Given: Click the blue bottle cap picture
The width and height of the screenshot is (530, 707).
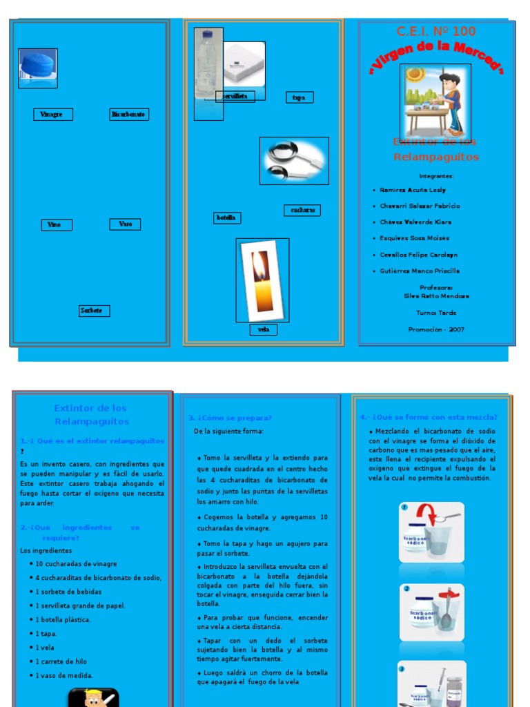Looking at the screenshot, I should (38, 68).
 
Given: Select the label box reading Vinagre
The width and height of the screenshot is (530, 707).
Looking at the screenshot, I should (53, 115).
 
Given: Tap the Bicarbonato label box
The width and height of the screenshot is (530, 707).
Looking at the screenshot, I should (129, 115).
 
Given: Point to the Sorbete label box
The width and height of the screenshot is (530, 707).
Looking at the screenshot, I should (94, 311).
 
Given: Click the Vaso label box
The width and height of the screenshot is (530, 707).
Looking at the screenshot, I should (125, 224).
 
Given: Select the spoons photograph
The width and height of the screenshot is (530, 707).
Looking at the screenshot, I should (293, 161).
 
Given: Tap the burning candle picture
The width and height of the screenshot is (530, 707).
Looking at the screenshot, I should (262, 280).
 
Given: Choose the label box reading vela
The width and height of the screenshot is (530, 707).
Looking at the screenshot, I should (263, 329).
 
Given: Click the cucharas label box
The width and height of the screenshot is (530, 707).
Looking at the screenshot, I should (302, 210).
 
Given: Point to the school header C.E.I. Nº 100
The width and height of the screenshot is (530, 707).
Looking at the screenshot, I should (435, 31).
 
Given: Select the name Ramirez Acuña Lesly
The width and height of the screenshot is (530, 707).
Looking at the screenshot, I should (413, 190).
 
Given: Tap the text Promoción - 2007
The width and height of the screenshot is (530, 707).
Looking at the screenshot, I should (436, 329).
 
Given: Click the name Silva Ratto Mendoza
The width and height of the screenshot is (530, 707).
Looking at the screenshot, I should (436, 296).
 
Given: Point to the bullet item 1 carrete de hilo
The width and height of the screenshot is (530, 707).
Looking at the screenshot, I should (62, 661).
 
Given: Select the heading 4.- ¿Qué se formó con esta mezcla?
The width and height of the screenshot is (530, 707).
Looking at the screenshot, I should (429, 417).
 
